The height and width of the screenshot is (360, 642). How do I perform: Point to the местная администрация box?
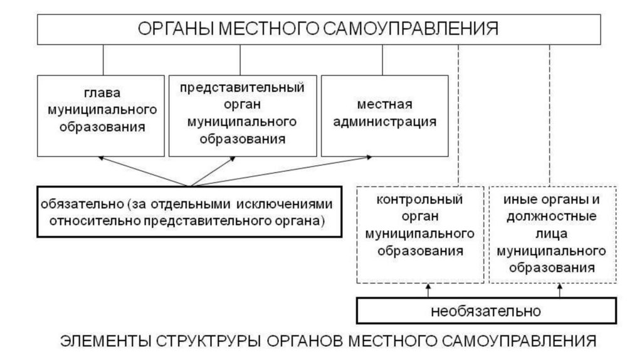pos(384,115)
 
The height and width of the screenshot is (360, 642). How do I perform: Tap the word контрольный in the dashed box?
pos(420,201)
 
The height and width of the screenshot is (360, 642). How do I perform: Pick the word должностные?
pos(551,218)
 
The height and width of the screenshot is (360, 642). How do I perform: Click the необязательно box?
pos(485,310)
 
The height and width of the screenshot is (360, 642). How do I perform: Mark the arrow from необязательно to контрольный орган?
pos(428,291)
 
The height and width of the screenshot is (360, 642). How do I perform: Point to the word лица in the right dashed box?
pos(551,235)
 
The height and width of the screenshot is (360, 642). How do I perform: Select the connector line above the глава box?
pos(103,60)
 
